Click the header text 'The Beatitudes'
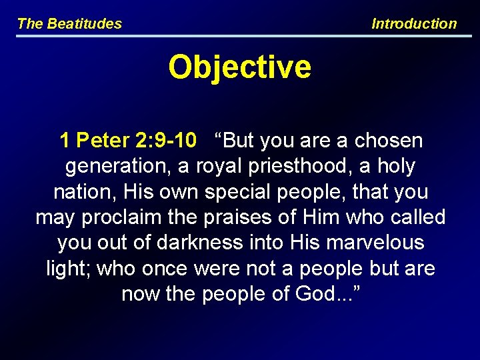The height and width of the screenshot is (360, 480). (69, 24)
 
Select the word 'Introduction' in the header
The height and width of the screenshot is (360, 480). (414, 24)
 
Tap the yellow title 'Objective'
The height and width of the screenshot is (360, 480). (239, 67)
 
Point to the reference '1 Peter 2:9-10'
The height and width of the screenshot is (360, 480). (128, 141)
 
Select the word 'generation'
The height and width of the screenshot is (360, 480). (115, 166)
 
